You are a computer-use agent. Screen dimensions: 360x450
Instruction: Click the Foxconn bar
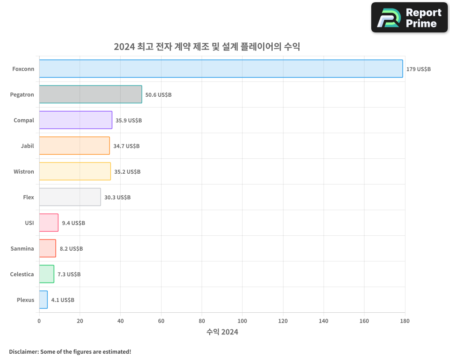coord(220,69)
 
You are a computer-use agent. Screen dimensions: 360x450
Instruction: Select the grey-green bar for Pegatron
coord(90,94)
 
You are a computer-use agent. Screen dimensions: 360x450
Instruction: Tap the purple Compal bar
coord(76,120)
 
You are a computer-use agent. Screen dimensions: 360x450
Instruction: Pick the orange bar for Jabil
coord(74,146)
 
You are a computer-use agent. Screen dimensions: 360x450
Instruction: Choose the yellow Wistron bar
coord(75,171)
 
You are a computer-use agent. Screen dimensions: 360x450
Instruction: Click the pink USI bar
coord(49,223)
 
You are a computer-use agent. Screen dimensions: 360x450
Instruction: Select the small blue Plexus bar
coord(43,300)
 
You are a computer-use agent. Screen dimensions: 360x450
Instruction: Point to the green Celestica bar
coord(46,274)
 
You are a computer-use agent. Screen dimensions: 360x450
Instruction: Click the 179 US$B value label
coord(418,69)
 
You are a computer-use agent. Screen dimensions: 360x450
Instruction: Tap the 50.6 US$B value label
coord(158,95)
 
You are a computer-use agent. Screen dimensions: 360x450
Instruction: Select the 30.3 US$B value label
coord(117,198)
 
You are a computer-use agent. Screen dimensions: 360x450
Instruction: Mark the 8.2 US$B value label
coord(71,249)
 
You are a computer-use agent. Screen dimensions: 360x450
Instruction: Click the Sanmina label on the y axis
coord(22,248)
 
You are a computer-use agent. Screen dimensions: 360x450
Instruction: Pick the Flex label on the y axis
coord(28,197)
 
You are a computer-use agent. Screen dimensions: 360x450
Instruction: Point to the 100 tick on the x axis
coord(242,321)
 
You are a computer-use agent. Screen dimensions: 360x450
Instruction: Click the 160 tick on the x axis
coord(364,321)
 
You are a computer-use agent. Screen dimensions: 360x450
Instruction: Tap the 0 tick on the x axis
coord(39,321)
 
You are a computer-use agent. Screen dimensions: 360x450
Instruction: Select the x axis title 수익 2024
coord(222,332)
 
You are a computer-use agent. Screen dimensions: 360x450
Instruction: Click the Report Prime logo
coord(409,18)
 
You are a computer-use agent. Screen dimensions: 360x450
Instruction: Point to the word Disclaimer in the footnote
coord(23,351)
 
